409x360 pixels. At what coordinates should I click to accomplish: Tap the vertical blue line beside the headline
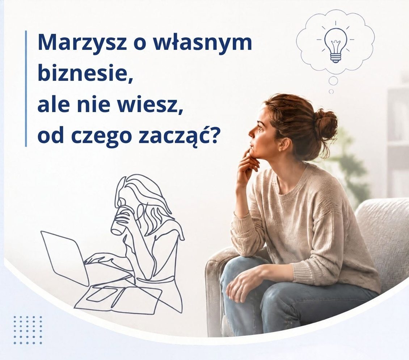26,89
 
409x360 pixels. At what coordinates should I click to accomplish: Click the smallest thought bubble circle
331,92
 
